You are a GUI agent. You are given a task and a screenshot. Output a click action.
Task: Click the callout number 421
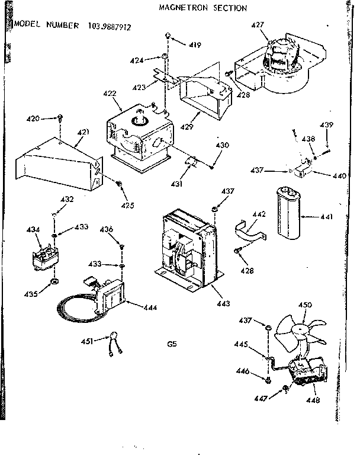[82, 131]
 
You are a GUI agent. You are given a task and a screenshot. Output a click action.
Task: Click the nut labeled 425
[120, 185]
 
